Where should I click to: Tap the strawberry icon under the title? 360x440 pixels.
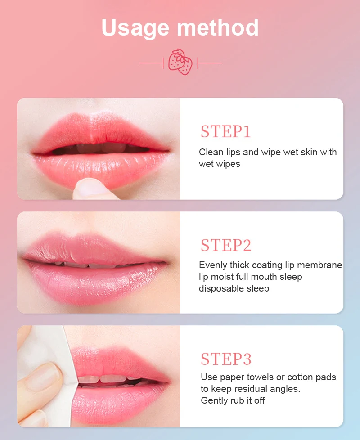180,63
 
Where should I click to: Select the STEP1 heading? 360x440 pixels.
225,132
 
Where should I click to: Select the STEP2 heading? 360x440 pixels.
225,246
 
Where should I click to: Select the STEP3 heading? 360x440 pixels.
225,359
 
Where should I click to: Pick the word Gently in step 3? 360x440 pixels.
214,400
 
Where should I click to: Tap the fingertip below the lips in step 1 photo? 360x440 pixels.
90,188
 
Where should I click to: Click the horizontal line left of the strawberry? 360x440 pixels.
151,63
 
